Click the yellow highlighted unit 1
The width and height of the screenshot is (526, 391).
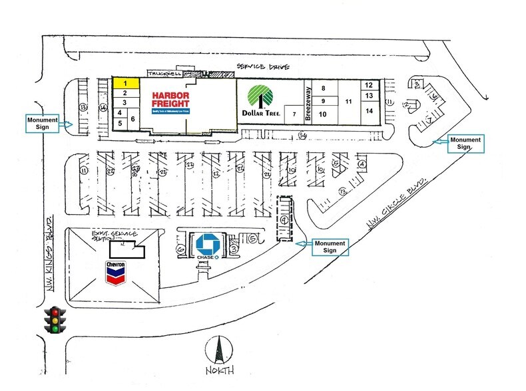point(125,84)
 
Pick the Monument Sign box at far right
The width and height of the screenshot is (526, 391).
point(465,143)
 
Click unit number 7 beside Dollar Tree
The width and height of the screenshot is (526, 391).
point(294,114)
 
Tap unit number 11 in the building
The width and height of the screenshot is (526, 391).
point(349,101)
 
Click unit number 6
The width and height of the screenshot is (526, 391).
point(133,118)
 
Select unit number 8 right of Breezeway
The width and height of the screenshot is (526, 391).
point(324,88)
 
